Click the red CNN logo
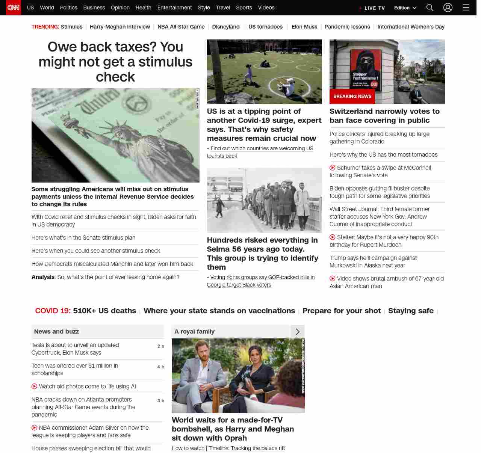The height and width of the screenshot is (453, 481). pyautogui.click(x=14, y=8)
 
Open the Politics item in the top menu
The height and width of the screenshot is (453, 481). pyautogui.click(x=68, y=8)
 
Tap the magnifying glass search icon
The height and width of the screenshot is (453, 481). pyautogui.click(x=430, y=8)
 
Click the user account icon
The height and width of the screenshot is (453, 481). pyautogui.click(x=448, y=8)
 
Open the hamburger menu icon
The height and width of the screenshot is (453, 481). pyautogui.click(x=466, y=8)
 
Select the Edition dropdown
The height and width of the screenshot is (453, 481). pyautogui.click(x=405, y=8)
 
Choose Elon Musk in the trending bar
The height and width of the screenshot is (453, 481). pyautogui.click(x=304, y=27)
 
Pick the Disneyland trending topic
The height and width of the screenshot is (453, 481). pyautogui.click(x=226, y=27)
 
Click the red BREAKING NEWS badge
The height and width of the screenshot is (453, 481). pyautogui.click(x=352, y=97)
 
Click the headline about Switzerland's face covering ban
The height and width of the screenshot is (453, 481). pyautogui.click(x=384, y=116)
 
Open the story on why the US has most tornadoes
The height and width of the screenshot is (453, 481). pyautogui.click(x=383, y=155)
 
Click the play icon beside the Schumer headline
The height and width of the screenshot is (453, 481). pyautogui.click(x=333, y=168)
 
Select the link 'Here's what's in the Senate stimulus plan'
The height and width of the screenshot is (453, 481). pyautogui.click(x=83, y=238)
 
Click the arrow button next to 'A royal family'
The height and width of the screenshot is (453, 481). pyautogui.click(x=298, y=332)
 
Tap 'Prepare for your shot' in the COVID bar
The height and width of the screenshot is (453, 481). pyautogui.click(x=342, y=311)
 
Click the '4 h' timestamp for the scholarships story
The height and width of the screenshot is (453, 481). pyautogui.click(x=160, y=367)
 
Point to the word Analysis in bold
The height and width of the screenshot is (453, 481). pyautogui.click(x=43, y=277)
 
